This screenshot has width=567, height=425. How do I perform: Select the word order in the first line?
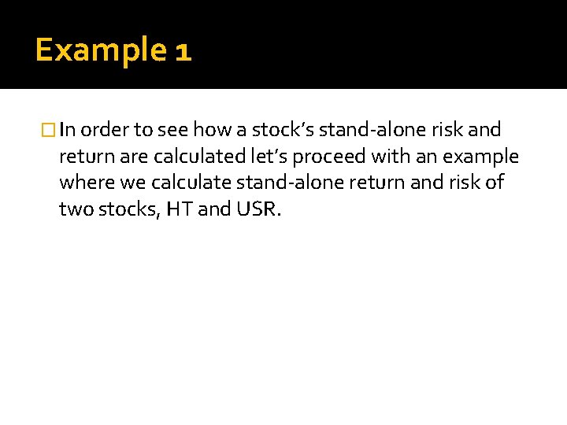click(x=101, y=130)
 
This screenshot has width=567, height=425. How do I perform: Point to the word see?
click(x=172, y=130)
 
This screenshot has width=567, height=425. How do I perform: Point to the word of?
click(x=495, y=183)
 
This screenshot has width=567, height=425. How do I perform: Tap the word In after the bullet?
click(x=67, y=130)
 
